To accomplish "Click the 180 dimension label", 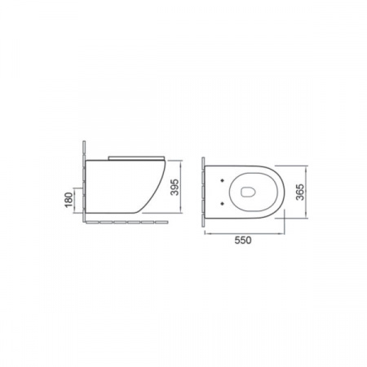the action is pos(69,200).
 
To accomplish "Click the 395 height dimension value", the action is pos(175,187).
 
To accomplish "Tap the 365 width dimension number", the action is pos(300,192).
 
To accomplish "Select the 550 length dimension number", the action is pos(243,241).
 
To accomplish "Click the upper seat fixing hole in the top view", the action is pos(223,180).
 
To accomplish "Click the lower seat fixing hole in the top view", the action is pos(223,203).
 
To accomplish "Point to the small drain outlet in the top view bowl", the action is pos(248,192).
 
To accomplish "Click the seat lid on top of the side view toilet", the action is pos(136,158).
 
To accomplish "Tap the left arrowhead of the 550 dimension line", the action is pos(206,233).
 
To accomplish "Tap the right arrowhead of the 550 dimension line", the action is pos(283,233).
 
